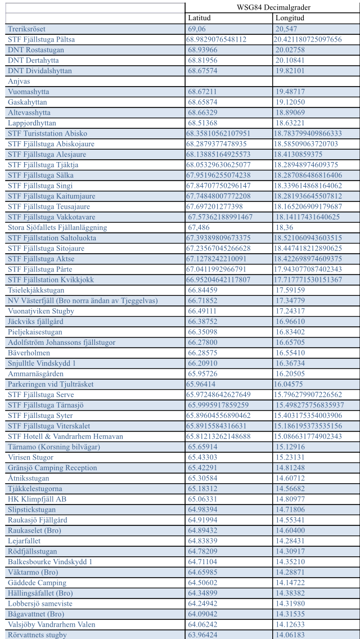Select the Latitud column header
click(199, 18)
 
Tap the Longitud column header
click(290, 18)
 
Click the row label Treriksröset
click(27, 29)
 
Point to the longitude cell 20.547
click(286, 29)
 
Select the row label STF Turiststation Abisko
click(47, 133)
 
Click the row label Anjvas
click(19, 81)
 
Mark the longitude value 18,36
click(283, 227)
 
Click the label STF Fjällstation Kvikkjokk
click(51, 280)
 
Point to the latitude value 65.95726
click(202, 373)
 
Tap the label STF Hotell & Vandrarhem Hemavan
click(65, 436)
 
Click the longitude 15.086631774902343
click(308, 436)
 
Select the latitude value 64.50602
click(202, 583)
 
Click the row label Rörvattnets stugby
click(37, 635)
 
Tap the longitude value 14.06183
click(290, 635)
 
